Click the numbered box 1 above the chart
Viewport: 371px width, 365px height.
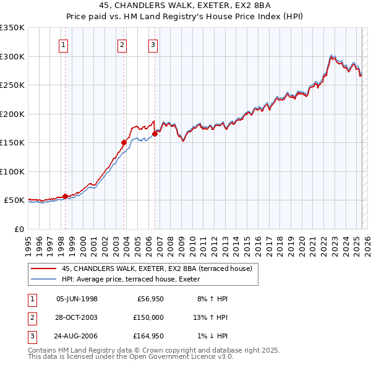click(64, 44)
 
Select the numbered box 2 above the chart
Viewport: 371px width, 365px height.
click(122, 44)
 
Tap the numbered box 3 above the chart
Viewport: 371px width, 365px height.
click(153, 44)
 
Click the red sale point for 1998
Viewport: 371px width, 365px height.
click(65, 196)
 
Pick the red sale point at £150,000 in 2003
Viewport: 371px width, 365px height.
click(124, 142)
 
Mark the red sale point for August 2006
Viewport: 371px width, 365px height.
click(155, 134)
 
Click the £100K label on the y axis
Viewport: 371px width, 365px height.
click(13, 171)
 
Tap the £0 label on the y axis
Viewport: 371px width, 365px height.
click(19, 229)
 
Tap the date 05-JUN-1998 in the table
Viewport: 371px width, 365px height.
click(77, 299)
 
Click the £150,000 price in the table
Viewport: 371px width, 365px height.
click(149, 317)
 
